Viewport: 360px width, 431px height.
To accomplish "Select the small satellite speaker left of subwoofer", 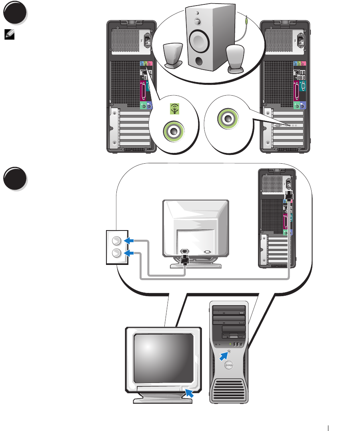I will [173, 54].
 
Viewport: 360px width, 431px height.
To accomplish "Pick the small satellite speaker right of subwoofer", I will [235, 58].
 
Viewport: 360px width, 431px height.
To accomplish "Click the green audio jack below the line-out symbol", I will [174, 130].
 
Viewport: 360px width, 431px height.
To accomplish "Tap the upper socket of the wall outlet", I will [116, 241].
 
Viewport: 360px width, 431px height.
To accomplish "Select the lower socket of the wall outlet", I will [116, 253].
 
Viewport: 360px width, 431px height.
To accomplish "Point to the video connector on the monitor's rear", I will [207, 252].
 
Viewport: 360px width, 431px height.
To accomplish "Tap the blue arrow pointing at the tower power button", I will [223, 356].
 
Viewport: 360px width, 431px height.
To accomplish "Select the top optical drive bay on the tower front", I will [229, 311].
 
